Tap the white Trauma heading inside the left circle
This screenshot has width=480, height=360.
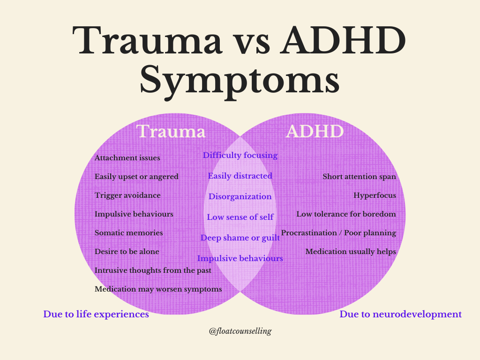pos(171,131)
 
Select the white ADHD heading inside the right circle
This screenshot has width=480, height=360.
pos(315,131)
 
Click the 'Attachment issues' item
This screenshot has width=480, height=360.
pos(127,158)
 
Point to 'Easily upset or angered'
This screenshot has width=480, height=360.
pos(136,177)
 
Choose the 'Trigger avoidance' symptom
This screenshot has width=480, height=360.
pos(127,195)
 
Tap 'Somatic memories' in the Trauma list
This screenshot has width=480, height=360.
pos(129,233)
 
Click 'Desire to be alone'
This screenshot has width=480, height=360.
pos(127,252)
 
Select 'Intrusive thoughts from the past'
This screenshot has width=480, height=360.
pos(153,270)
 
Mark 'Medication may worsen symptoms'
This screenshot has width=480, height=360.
pos(158,289)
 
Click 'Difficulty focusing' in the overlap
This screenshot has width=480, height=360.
pos(240,155)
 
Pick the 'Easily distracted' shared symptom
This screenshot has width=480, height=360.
pos(240,176)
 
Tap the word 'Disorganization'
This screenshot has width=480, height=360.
pos(240,196)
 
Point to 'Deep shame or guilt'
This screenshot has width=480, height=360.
pos(240,238)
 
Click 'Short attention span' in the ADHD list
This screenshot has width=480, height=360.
pos(359,177)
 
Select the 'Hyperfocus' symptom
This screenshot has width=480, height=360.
pos(375,195)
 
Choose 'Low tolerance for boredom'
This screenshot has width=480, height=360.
pos(346,214)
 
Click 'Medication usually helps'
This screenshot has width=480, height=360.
pos(351,252)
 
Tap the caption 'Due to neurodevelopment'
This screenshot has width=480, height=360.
pos(400,314)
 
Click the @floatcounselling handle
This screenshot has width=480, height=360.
pos(240,331)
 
